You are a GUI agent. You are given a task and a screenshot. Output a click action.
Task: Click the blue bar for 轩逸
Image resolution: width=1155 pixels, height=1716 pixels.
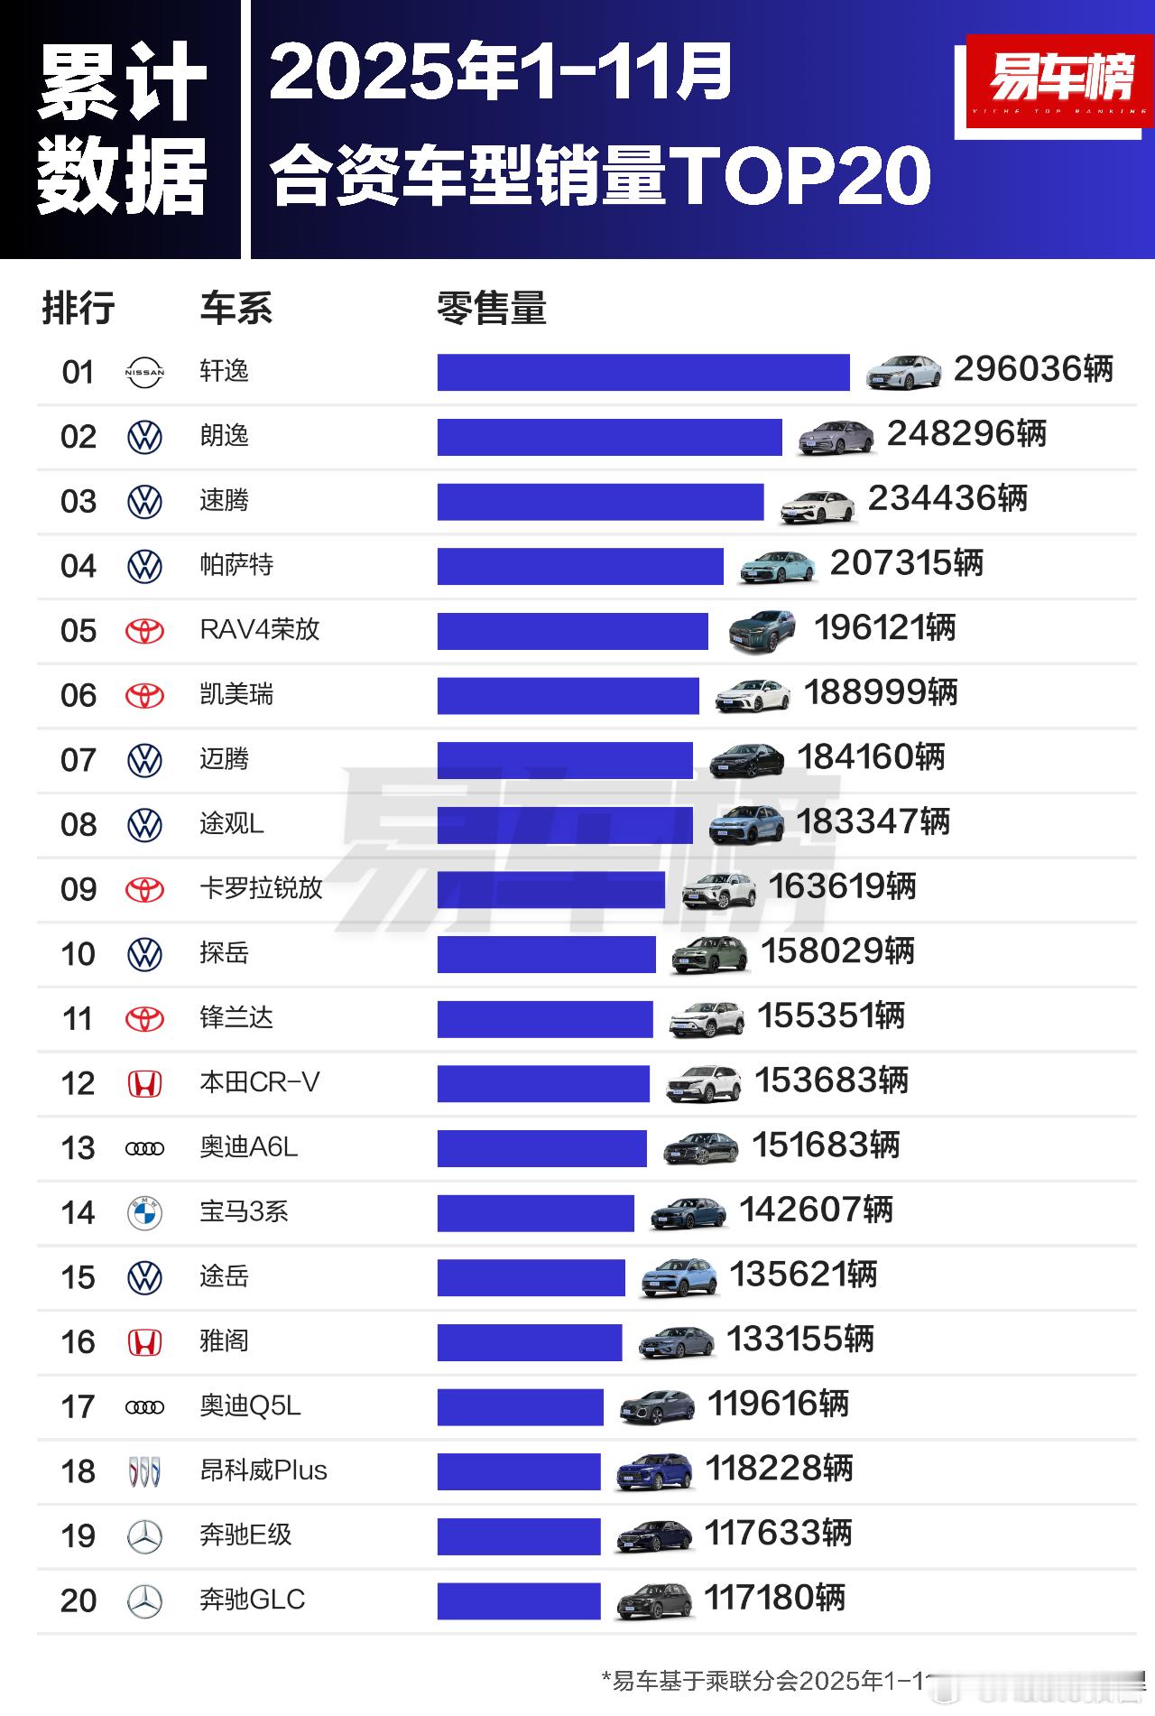(642, 372)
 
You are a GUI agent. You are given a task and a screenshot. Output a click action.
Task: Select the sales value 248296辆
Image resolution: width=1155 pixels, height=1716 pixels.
(966, 434)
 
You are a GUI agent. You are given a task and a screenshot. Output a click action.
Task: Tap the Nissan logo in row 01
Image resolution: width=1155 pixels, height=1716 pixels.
(144, 372)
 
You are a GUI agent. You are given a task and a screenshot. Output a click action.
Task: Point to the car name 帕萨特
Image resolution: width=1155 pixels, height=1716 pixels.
(236, 565)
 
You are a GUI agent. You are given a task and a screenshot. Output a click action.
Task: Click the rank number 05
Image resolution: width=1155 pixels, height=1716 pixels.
(79, 631)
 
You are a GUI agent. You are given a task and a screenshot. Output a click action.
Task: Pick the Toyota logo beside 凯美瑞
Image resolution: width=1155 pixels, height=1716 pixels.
(144, 695)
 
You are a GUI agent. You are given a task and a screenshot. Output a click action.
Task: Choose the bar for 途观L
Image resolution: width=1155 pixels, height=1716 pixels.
(565, 825)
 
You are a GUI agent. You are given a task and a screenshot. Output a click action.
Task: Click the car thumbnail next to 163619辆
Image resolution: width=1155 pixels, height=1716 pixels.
(719, 890)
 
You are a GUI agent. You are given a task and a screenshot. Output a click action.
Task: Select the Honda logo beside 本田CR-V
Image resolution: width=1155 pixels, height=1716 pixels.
(144, 1083)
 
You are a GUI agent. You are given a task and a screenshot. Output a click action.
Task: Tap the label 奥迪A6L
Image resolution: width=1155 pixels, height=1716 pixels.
(248, 1147)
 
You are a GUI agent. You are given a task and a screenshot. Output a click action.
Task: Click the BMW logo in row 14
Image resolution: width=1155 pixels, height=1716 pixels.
(144, 1212)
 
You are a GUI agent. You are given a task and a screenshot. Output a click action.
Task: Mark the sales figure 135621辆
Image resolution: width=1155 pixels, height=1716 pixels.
(803, 1275)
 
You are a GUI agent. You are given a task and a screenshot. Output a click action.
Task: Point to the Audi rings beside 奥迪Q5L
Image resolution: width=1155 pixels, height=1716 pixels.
(144, 1406)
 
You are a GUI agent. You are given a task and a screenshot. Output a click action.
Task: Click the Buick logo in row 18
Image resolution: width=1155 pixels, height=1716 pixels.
(144, 1471)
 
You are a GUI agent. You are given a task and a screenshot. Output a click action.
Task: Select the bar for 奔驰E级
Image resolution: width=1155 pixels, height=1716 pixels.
(519, 1536)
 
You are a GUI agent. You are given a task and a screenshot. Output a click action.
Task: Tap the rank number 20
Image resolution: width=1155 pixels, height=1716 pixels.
(79, 1600)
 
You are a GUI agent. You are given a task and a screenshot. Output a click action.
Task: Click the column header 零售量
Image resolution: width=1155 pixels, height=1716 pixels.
(492, 309)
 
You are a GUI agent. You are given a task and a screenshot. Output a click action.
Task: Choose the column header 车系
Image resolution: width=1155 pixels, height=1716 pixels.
(236, 309)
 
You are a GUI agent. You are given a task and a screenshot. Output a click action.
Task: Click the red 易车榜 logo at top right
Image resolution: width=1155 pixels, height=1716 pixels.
(1059, 81)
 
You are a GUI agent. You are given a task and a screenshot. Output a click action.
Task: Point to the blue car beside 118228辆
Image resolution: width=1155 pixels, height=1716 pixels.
(654, 1471)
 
